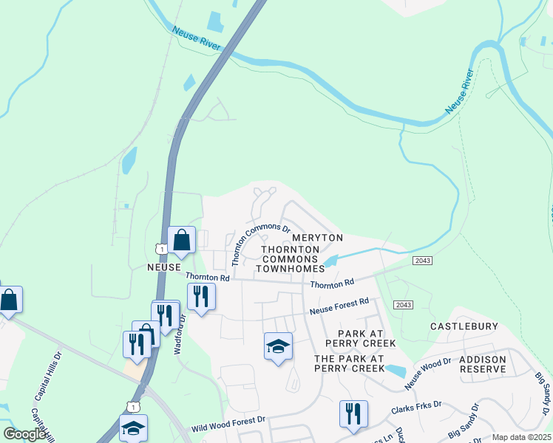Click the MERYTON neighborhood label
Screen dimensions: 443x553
click(317, 238)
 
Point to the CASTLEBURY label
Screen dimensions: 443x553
click(464, 326)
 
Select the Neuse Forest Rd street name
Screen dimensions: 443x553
click(339, 306)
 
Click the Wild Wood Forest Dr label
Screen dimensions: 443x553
click(228, 424)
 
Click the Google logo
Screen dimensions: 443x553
click(24, 434)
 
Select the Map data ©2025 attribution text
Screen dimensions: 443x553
click(521, 437)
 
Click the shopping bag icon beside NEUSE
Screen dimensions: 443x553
click(181, 240)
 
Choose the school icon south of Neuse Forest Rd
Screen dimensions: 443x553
click(278, 346)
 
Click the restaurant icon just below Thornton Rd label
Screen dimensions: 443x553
click(200, 296)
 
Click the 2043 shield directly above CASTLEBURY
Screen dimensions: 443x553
click(403, 305)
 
